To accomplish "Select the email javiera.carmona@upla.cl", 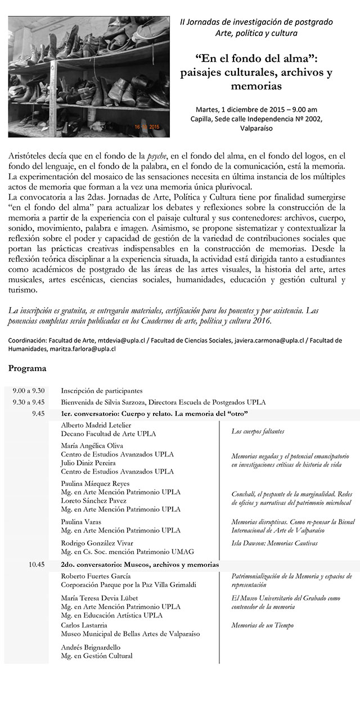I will click(x=270, y=341).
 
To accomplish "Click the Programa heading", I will click(x=28, y=369).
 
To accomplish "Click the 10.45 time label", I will click(x=35, y=565).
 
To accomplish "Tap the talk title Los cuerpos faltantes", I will click(x=258, y=432).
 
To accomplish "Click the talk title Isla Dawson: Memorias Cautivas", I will click(x=274, y=543).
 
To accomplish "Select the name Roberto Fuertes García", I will click(x=96, y=576).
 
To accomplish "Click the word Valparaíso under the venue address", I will click(x=256, y=128).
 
